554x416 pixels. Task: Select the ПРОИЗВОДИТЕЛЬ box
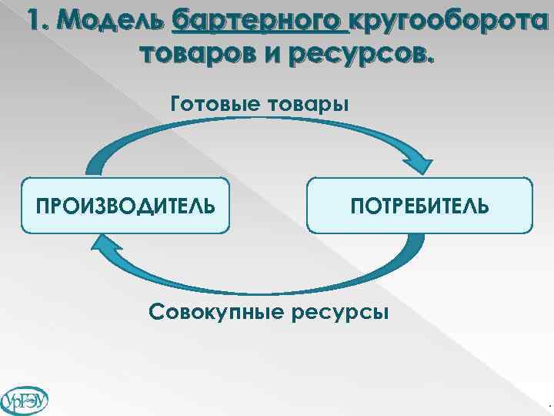[125, 206]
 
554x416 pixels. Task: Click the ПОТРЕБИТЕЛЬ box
[419, 206]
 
